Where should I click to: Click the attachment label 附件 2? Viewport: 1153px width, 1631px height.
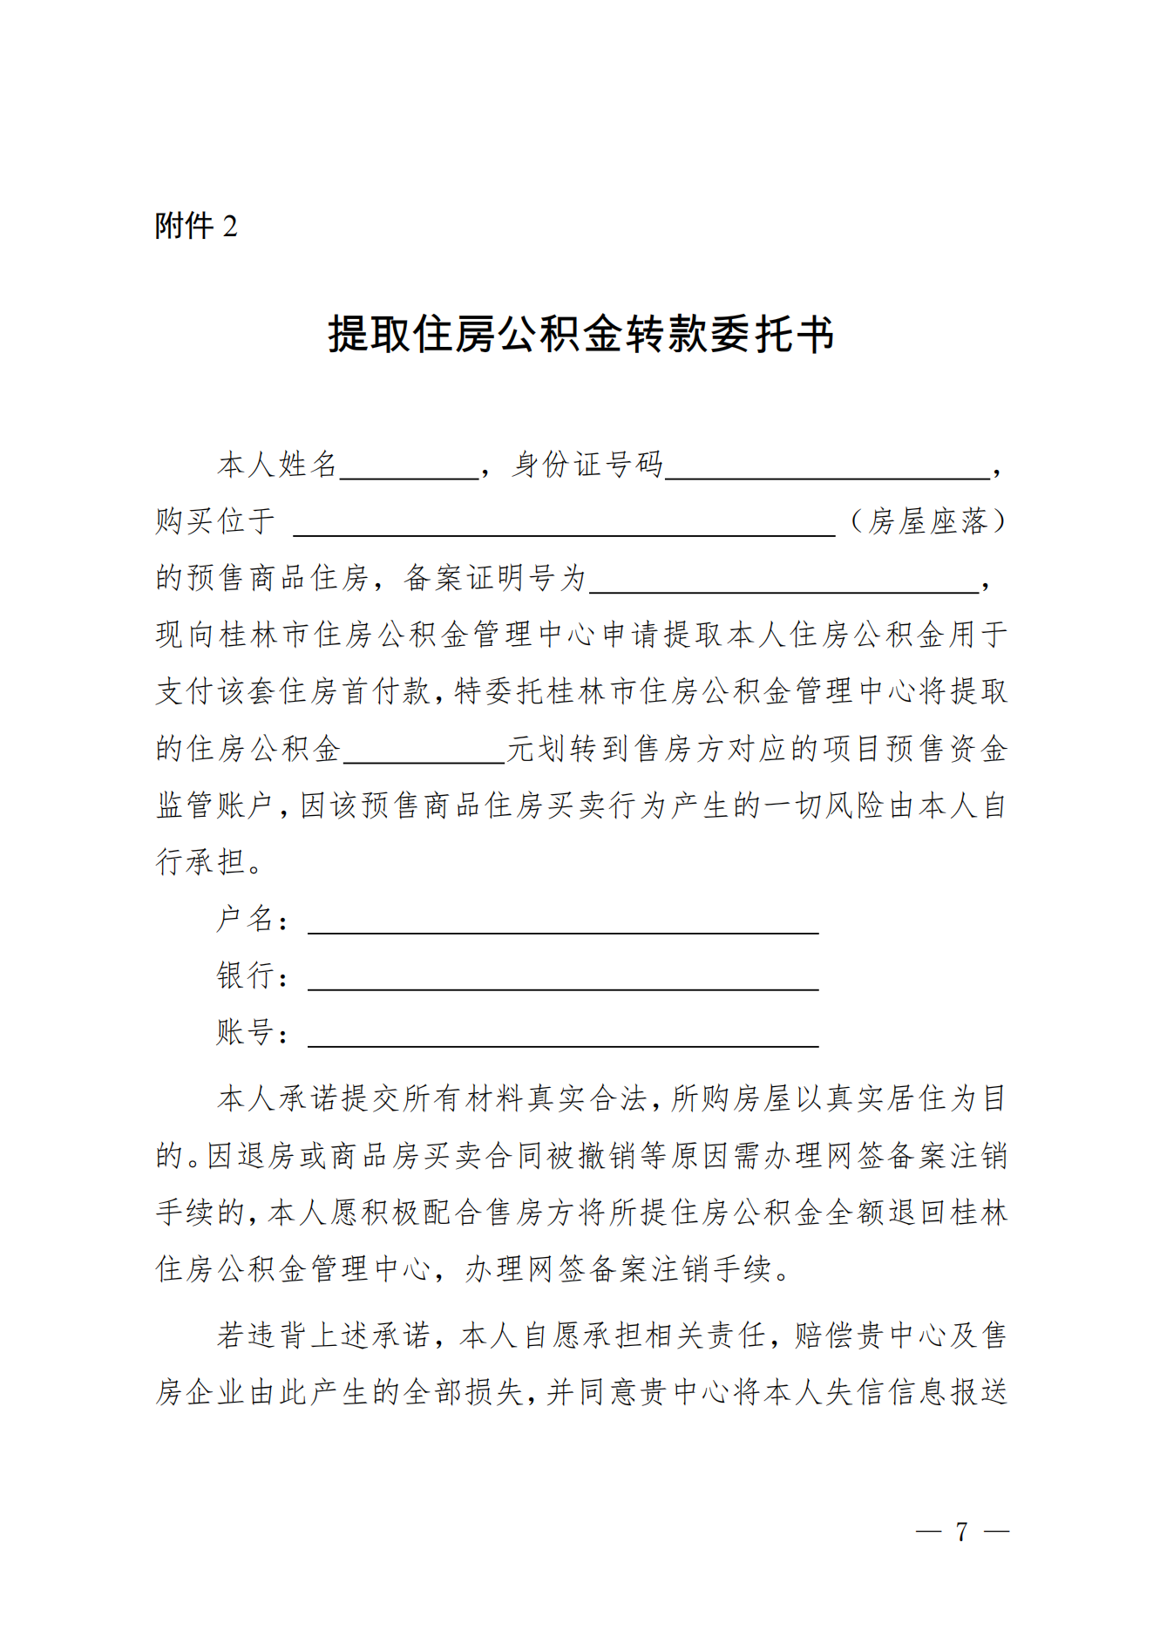tap(196, 227)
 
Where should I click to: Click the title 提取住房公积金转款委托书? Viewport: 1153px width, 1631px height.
tap(580, 335)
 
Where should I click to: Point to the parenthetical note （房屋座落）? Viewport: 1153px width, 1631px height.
tap(928, 521)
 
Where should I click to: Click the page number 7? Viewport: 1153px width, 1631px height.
tap(961, 1532)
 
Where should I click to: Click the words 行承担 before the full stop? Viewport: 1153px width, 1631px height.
tap(200, 862)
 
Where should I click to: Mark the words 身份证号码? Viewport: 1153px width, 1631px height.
tap(587, 465)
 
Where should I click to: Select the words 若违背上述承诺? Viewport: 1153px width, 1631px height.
tap(323, 1335)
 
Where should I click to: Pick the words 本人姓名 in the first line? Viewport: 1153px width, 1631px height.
tap(277, 465)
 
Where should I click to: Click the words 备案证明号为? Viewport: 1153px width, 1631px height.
tap(495, 578)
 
